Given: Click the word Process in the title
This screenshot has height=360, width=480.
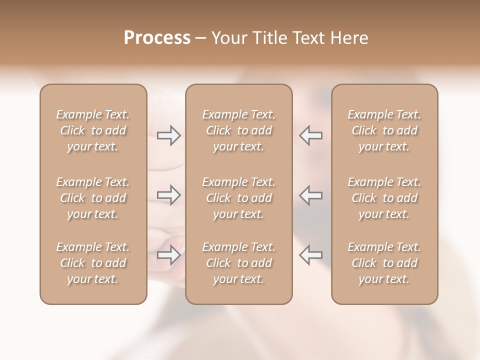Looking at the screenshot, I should pyautogui.click(x=157, y=38).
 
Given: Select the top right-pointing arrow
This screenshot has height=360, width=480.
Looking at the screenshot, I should pyautogui.click(x=169, y=135).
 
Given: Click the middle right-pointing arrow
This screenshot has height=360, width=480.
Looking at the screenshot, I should pyautogui.click(x=169, y=195).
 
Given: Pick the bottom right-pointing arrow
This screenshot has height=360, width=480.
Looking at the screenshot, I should pyautogui.click(x=169, y=255).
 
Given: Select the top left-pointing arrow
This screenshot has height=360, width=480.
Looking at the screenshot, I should pyautogui.click(x=310, y=135).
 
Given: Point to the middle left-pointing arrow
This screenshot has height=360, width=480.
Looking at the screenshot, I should pyautogui.click(x=310, y=195).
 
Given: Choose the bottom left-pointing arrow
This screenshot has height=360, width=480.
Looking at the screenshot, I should pyautogui.click(x=310, y=255).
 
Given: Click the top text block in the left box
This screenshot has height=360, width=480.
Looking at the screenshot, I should pyautogui.click(x=93, y=130).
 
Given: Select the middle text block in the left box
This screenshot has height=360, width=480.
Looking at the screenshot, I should pyautogui.click(x=93, y=198).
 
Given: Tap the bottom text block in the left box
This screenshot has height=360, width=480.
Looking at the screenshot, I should pyautogui.click(x=93, y=263).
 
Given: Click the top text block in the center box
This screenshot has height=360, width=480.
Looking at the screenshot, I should pyautogui.click(x=238, y=130).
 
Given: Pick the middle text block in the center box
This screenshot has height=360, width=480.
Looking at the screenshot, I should pyautogui.click(x=238, y=198).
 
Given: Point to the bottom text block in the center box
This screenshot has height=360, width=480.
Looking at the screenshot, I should pyautogui.click(x=238, y=263).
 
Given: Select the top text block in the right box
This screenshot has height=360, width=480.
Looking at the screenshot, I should pyautogui.click(x=384, y=130).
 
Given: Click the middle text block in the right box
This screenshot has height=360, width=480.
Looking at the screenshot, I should pyautogui.click(x=384, y=198).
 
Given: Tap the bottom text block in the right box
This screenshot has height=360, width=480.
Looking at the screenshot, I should pyautogui.click(x=384, y=263).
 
